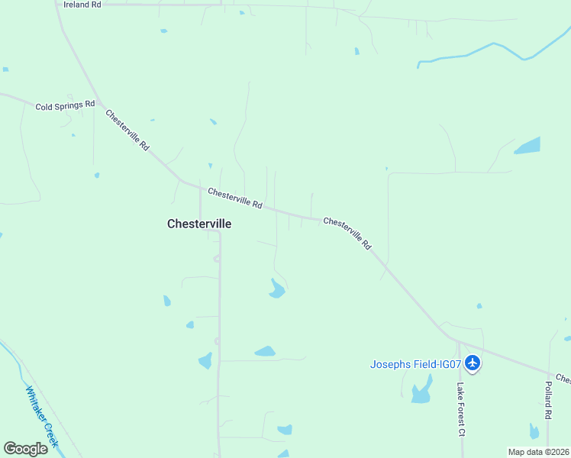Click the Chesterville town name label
coord(198,224)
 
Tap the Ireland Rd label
coord(82,5)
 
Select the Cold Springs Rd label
coord(65,105)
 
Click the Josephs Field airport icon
coord(473,363)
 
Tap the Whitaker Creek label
coord(41,416)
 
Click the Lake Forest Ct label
coord(461,409)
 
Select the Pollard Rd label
coord(548,402)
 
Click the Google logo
coord(25,448)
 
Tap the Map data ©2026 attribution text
coord(537,452)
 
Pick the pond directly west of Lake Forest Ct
coord(421,394)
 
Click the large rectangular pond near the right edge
coord(527,145)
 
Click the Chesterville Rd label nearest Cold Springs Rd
coord(127,131)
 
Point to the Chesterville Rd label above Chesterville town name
coord(235,198)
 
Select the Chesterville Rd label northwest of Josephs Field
coord(347,234)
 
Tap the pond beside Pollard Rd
coord(534,431)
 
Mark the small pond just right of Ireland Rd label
coord(241,12)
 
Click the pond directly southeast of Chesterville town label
coord(276,289)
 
